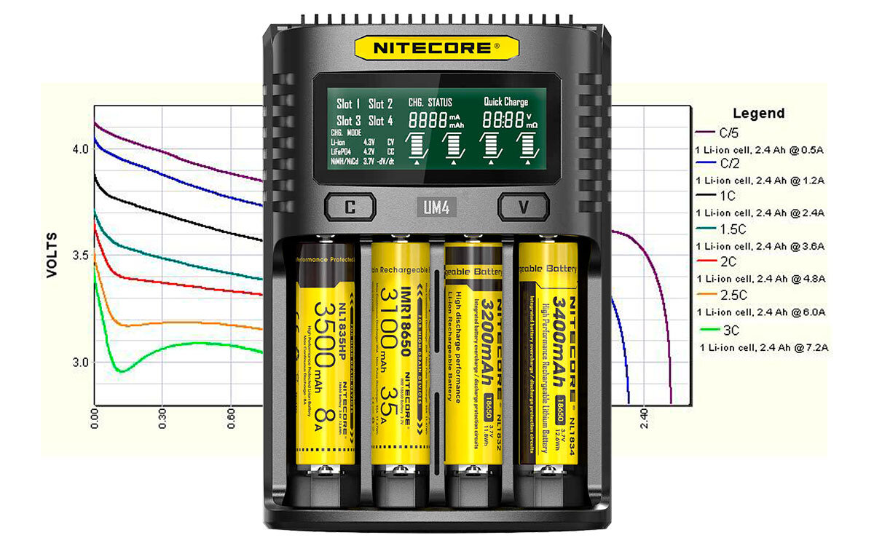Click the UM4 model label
pyautogui.click(x=437, y=207)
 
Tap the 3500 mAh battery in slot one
pyautogui.click(x=325, y=357)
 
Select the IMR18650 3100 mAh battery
pyautogui.click(x=399, y=357)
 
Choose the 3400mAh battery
pyautogui.click(x=548, y=357)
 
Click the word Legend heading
pyautogui.click(x=758, y=114)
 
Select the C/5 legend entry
pyautogui.click(x=729, y=132)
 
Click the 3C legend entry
pyautogui.click(x=728, y=330)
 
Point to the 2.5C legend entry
pyautogui.click(x=732, y=295)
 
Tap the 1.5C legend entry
pyautogui.click(x=732, y=229)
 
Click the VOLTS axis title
pyautogui.click(x=52, y=255)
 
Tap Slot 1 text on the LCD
pyautogui.click(x=348, y=104)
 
